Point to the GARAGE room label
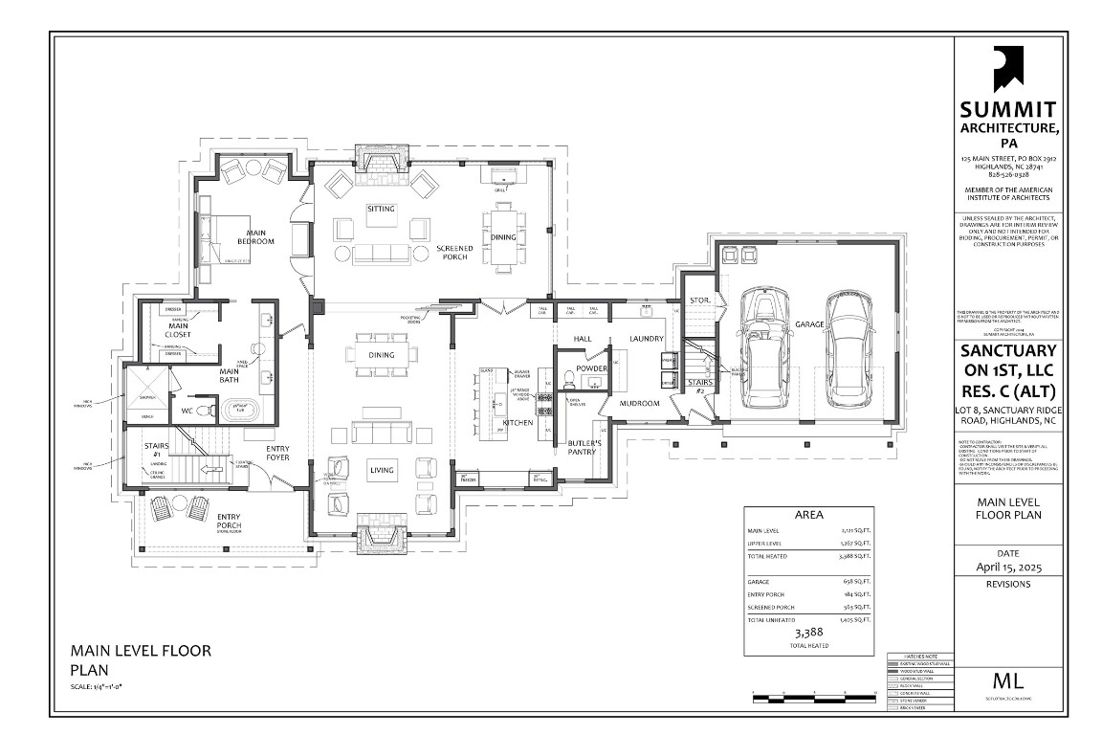pos(809,325)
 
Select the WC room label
pos(188,412)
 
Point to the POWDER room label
pos(592,368)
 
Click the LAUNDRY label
pos(647,339)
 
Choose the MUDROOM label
pos(640,403)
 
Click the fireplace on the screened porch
pos(381,163)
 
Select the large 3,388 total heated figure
pos(808,633)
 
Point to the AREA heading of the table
pos(809,514)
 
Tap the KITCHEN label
pos(518,422)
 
